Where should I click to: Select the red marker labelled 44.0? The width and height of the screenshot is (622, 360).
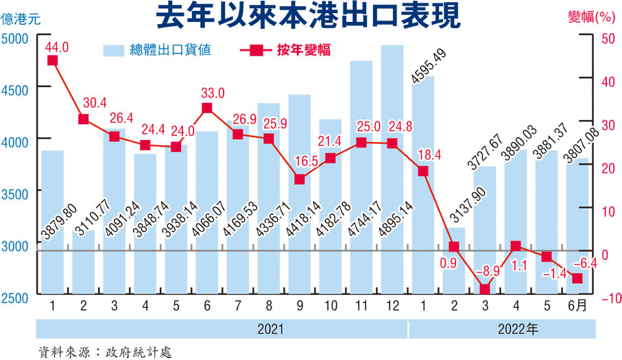pos(52,60)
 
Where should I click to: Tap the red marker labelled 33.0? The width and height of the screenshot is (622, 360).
pos(207,108)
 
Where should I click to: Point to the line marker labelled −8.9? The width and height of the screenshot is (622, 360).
pos(485,289)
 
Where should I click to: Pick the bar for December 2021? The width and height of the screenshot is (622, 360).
pos(392,171)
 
